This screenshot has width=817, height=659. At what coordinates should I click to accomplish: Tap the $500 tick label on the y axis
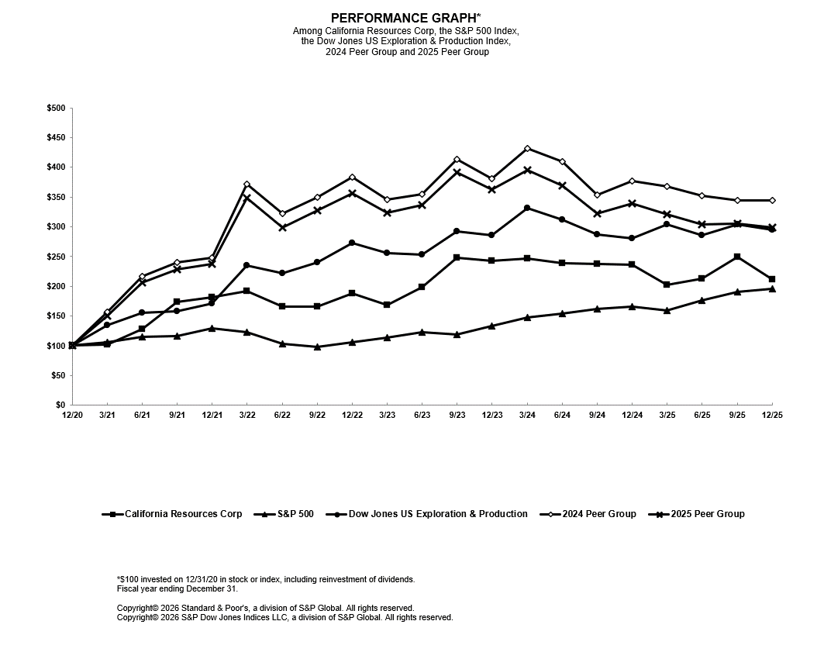point(56,109)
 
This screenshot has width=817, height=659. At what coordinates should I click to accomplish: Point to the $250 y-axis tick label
point(56,257)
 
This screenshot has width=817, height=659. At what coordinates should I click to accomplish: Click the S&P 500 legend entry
point(288,514)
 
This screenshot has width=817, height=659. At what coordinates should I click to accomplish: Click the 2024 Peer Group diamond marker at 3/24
point(527,148)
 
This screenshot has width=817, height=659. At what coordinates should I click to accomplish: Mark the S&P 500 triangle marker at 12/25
point(772,288)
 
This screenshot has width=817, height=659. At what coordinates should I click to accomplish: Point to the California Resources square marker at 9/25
point(737,257)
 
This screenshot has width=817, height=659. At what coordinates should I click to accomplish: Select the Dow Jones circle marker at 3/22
point(246,265)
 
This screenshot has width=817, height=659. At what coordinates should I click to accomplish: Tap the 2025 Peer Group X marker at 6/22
point(282,227)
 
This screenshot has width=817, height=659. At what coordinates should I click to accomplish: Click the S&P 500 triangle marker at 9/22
point(317,347)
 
